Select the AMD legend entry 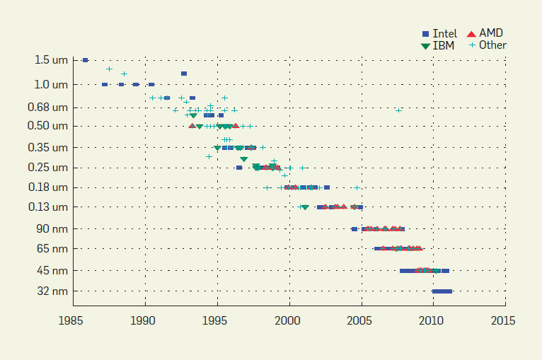(485, 33)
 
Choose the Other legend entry (488, 45)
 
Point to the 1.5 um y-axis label (51, 60)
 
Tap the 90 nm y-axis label (53, 228)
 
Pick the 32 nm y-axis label (53, 291)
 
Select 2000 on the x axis (289, 320)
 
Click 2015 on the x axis (504, 320)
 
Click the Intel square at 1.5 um (85, 60)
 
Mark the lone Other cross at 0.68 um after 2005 (399, 110)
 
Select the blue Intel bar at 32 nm (442, 291)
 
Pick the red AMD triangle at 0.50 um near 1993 (192, 126)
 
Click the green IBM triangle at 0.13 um (305, 207)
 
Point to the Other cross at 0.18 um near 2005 (357, 187)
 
